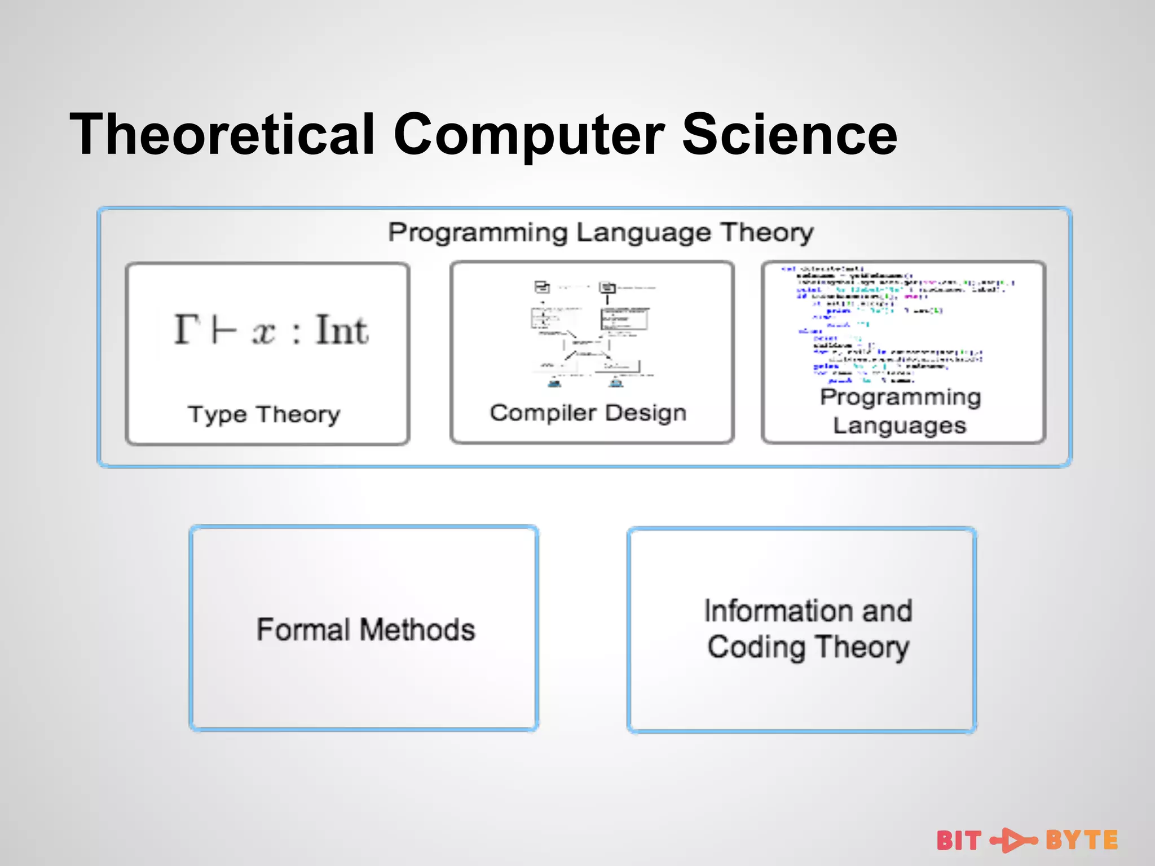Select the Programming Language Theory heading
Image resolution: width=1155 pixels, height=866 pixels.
(x=601, y=232)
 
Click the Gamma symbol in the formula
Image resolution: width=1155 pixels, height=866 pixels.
(x=187, y=329)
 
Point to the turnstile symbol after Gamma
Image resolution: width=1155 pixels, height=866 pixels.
(x=224, y=330)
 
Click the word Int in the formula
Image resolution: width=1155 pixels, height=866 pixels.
(x=342, y=329)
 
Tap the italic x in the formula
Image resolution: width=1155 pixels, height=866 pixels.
(x=263, y=332)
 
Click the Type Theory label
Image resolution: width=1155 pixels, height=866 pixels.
(x=264, y=414)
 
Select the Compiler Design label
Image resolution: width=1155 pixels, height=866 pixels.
(x=588, y=413)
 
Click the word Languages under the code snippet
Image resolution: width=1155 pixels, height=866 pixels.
(x=900, y=425)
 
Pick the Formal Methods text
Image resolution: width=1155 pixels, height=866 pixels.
(x=365, y=629)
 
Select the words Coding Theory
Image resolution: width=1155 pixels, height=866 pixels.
(x=808, y=647)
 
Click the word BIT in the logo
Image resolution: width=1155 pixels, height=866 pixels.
(x=959, y=841)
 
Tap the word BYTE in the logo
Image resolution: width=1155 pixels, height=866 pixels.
(x=1081, y=840)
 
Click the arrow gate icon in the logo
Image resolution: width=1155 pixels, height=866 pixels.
(x=1013, y=841)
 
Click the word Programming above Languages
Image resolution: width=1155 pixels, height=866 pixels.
(x=900, y=397)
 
